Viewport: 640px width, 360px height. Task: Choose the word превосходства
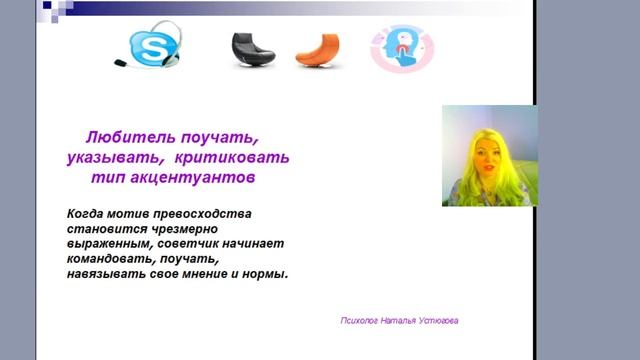click(205, 214)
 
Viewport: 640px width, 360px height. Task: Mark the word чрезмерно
click(184, 229)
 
